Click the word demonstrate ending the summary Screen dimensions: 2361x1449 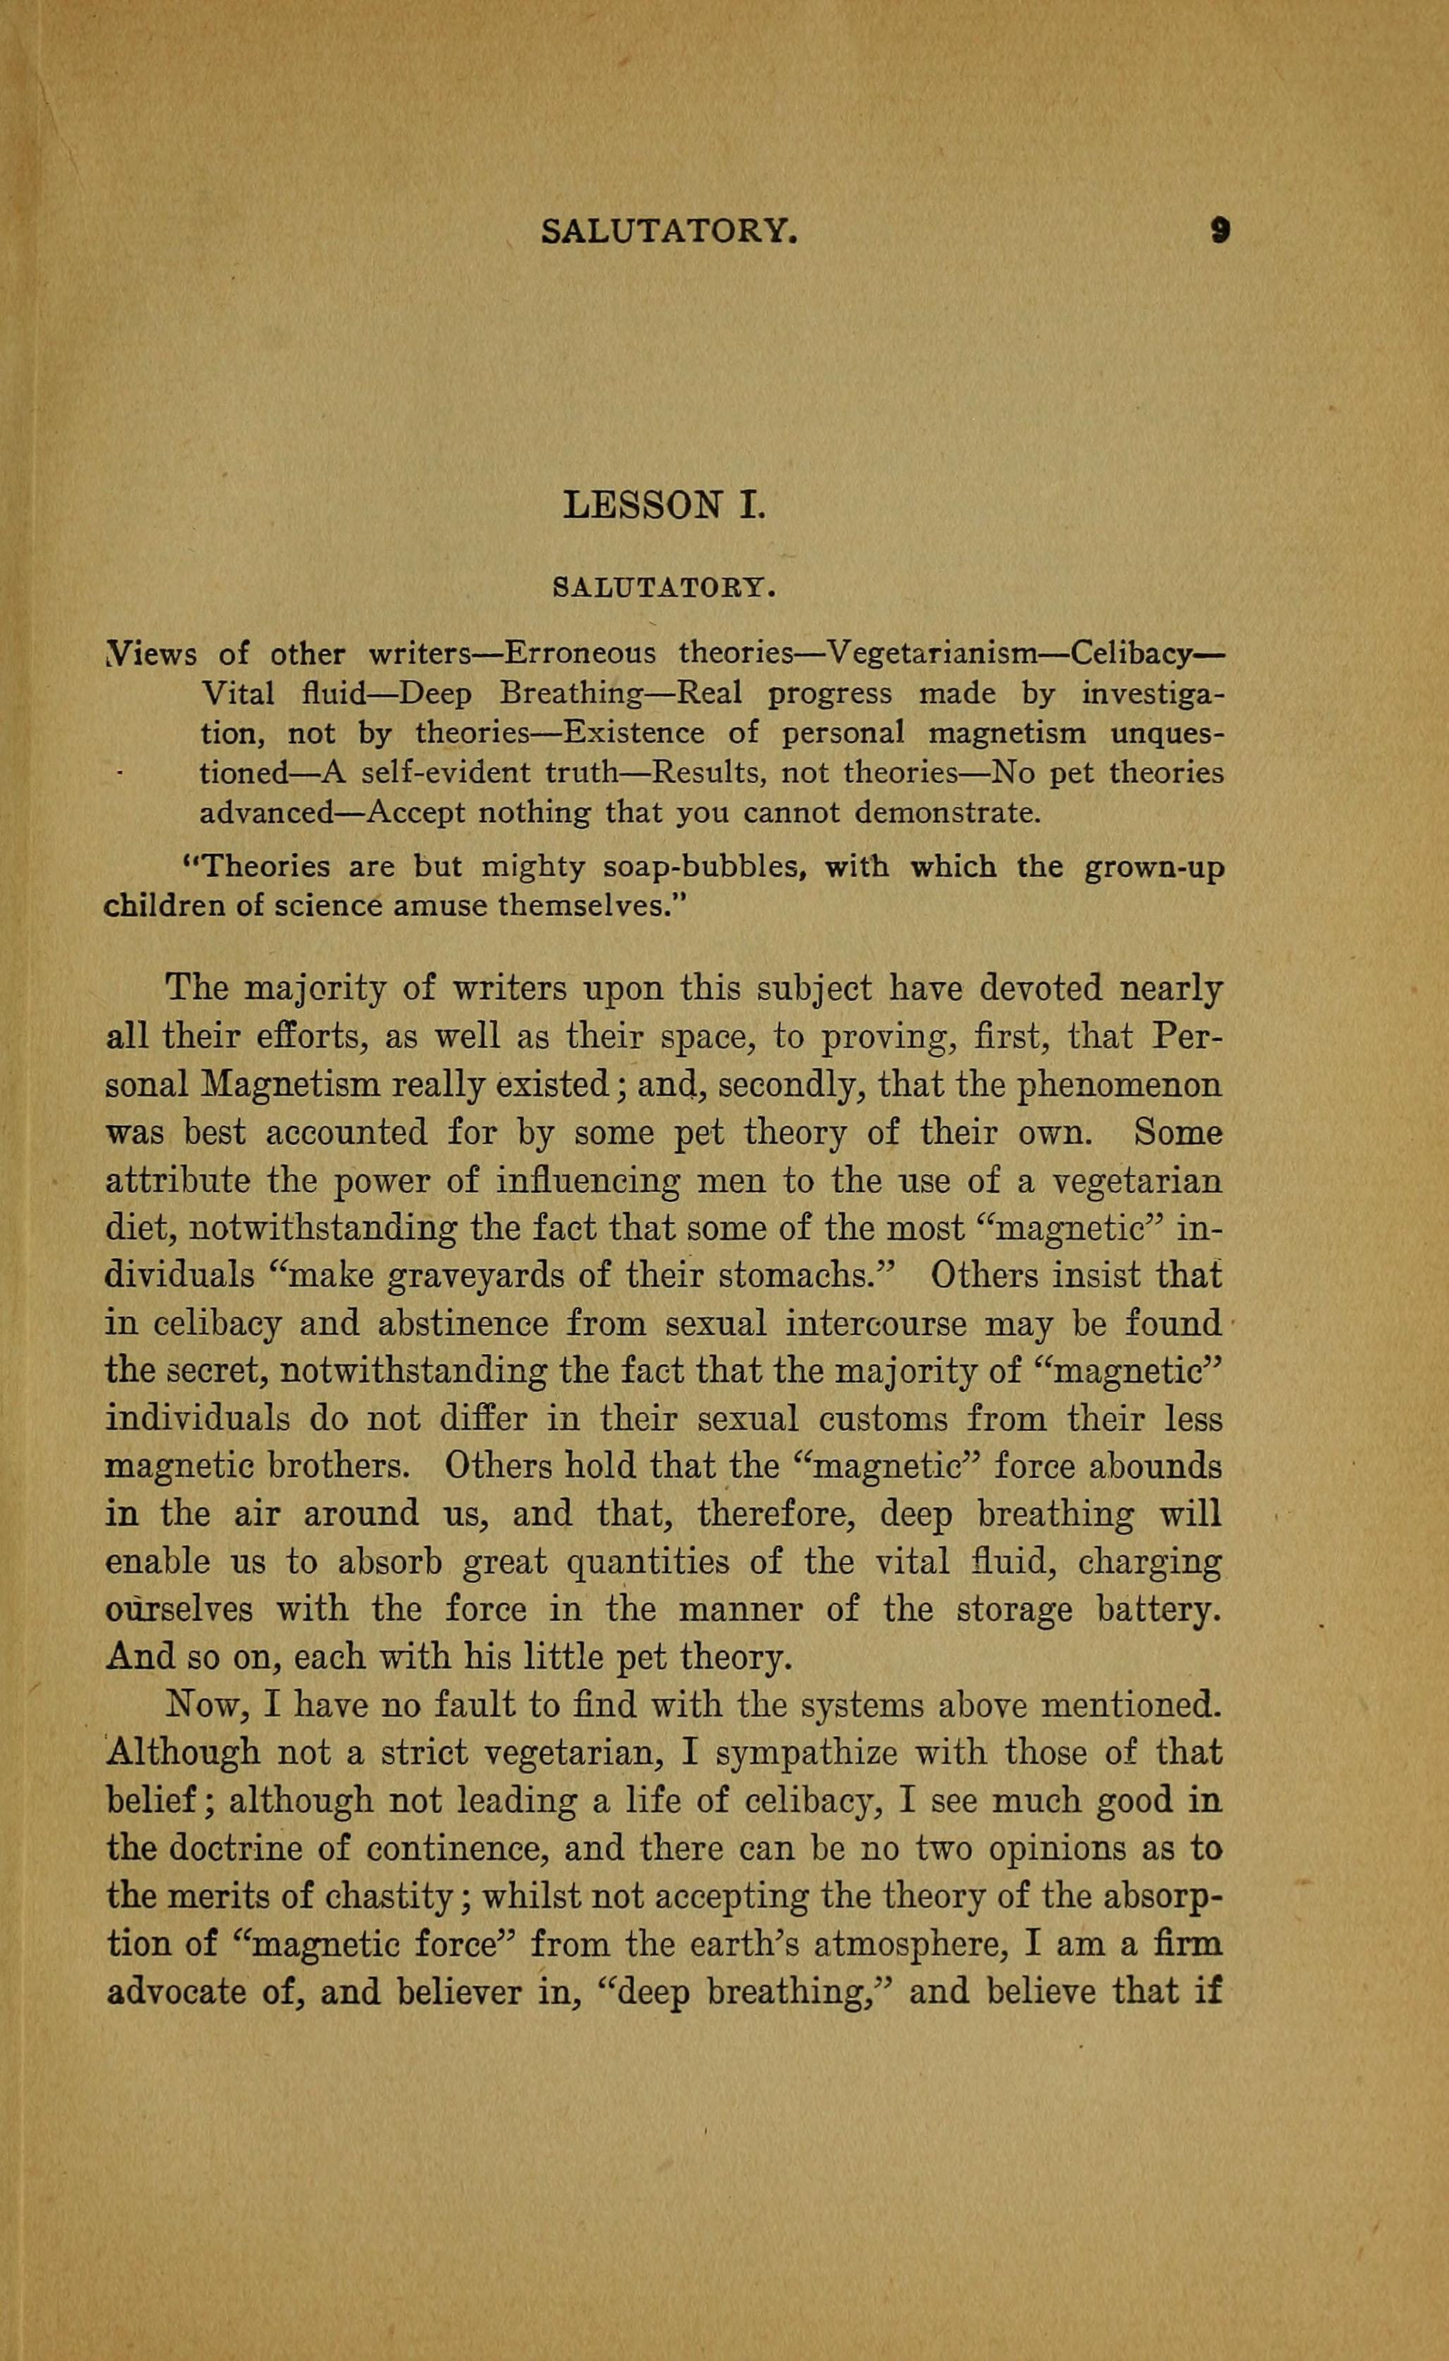945,814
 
